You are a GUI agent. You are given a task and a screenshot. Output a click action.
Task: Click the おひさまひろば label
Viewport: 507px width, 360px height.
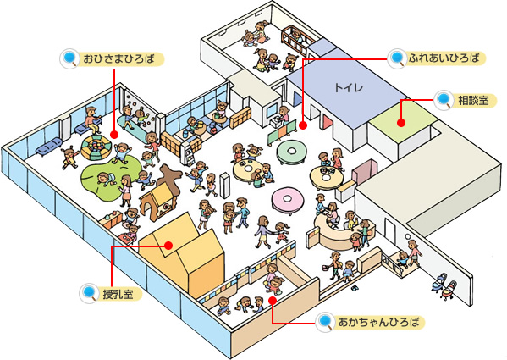pos(118,59)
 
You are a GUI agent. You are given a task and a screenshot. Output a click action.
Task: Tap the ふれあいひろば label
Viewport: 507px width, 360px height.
pos(444,58)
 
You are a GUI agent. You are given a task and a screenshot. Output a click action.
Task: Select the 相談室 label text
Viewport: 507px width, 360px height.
pos(473,100)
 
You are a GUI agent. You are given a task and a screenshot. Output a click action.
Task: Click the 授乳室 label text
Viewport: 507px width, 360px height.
pos(118,294)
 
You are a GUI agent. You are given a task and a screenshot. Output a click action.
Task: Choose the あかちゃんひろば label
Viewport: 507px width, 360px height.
pos(378,322)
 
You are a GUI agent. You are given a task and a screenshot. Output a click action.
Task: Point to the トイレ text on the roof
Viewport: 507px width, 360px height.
pos(349,87)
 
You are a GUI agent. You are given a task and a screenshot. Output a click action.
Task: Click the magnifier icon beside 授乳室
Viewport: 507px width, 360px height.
pos(89,293)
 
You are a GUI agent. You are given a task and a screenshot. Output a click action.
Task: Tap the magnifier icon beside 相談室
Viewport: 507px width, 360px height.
pos(444,99)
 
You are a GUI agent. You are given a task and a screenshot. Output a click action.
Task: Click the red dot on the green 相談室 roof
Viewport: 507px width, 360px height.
pos(401,123)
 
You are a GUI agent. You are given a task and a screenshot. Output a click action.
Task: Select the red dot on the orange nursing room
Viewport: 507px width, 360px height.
pos(168,246)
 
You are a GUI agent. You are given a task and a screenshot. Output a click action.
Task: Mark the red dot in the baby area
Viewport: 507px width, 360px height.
pos(273,301)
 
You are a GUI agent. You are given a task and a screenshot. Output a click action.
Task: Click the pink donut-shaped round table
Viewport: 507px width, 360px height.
pos(288,201)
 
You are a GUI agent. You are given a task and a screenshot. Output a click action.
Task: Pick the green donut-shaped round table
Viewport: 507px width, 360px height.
pos(291,152)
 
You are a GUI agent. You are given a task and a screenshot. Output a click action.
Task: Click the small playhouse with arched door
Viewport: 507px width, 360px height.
pos(156,202)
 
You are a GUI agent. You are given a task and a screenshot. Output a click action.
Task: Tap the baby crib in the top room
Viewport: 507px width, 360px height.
pos(297,39)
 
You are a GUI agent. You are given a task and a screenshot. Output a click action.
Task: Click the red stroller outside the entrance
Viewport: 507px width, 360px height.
pos(450,291)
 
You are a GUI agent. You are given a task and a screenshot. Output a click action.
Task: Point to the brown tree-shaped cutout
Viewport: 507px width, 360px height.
pos(171,176)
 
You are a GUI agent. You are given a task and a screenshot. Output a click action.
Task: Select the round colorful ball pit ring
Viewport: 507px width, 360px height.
pos(96,147)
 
